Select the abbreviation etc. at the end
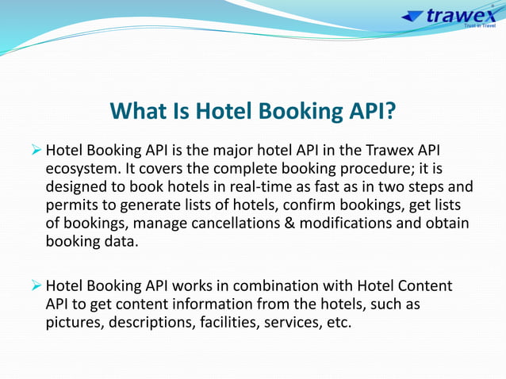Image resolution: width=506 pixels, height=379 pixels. [338, 323]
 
